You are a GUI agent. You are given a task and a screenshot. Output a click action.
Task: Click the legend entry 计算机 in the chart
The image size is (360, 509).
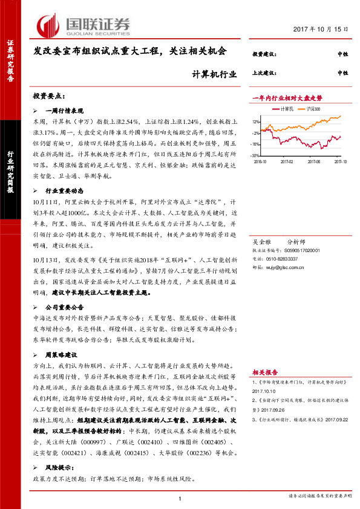pos(287,109)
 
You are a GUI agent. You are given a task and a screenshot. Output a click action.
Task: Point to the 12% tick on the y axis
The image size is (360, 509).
pos(256,122)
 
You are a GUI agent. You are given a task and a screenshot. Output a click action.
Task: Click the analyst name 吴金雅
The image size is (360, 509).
pos(261,232)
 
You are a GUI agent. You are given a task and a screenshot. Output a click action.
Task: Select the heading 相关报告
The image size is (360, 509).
pos(265,372)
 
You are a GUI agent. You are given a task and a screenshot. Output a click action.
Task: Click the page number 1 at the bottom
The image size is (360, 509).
pos(180,498)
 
